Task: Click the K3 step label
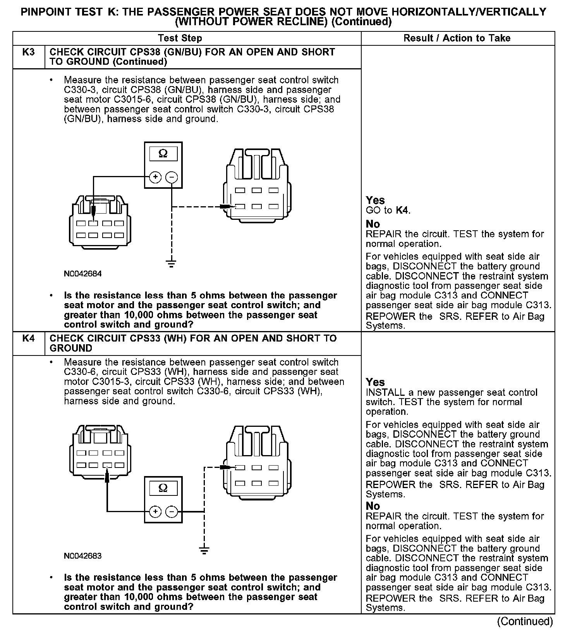(x=29, y=52)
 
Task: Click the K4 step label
(x=29, y=338)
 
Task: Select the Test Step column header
(x=180, y=38)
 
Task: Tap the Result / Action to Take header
(x=457, y=38)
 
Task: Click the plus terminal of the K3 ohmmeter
(x=155, y=178)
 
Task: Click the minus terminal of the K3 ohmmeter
(x=172, y=178)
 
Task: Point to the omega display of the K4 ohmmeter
(x=163, y=488)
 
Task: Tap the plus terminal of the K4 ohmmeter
(x=155, y=512)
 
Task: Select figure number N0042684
(x=83, y=274)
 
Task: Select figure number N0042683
(x=83, y=556)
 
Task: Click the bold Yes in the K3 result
(x=375, y=200)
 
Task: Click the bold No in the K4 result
(x=373, y=506)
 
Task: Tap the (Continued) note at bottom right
(x=525, y=621)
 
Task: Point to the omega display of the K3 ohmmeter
(x=163, y=154)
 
